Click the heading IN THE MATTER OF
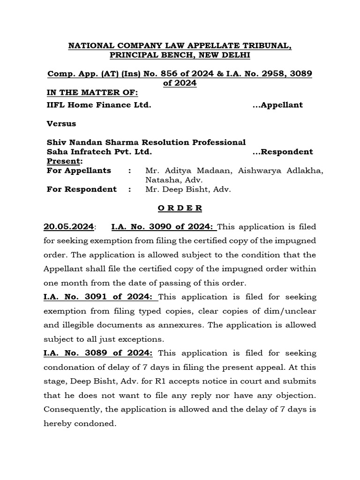(92, 92)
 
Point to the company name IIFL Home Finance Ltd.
(99, 105)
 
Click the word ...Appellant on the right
(277, 105)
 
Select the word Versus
(61, 124)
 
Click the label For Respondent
(82, 189)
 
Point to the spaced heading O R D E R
(180, 208)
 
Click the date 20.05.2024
(69, 227)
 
